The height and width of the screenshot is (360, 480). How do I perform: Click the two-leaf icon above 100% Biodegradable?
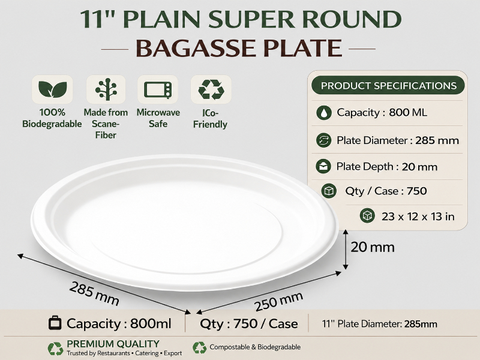(x=52, y=89)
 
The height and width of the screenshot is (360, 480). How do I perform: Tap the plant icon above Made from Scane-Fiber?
(x=106, y=89)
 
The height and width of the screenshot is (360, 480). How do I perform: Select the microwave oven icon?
(x=158, y=89)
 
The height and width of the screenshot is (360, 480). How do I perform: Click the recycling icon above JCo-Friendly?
(x=211, y=89)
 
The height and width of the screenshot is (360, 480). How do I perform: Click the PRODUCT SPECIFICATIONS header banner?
(x=388, y=85)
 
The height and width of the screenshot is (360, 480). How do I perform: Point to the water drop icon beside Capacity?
(x=324, y=113)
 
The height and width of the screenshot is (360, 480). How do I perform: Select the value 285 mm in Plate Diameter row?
(x=437, y=140)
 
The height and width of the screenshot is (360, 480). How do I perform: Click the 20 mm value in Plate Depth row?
(x=419, y=167)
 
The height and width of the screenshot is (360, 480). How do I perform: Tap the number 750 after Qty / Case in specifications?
(x=416, y=191)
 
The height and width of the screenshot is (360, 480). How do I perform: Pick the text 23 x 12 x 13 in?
(x=418, y=217)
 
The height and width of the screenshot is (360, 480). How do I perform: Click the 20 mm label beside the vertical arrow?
(x=372, y=247)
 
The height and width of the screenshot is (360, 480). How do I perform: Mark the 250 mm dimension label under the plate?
(x=279, y=301)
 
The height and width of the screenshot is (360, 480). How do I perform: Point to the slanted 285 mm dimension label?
(x=94, y=293)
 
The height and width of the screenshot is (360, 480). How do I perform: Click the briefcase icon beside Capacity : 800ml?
(x=55, y=323)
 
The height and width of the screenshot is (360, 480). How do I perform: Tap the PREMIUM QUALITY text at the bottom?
(x=113, y=344)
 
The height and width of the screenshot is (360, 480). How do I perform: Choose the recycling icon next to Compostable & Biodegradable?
(x=200, y=348)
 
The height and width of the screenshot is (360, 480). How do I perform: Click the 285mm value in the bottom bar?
(x=421, y=324)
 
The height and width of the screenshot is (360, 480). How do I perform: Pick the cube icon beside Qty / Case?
(x=329, y=191)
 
